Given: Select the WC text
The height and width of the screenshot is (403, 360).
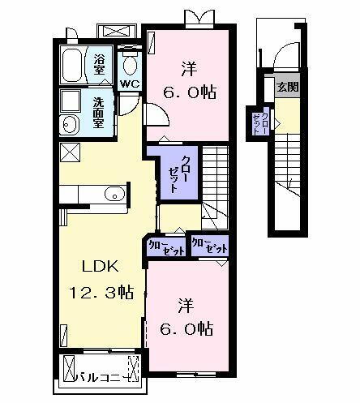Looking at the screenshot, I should coord(130,84).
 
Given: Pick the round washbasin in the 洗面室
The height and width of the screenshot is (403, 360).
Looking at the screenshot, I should coord(70,125).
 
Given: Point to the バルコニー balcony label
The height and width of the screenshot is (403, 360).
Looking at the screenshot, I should coord(101,376).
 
